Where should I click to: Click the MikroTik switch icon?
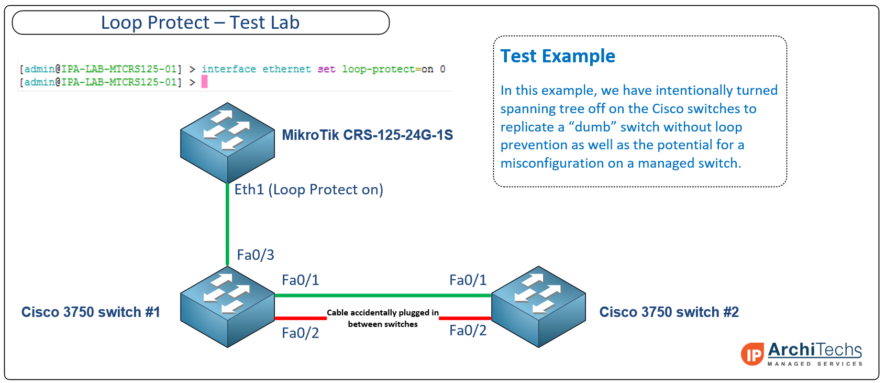[x=227, y=143]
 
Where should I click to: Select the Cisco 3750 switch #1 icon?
[x=227, y=307]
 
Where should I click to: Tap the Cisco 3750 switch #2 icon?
[x=538, y=307]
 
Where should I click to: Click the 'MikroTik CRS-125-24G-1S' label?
[x=367, y=135]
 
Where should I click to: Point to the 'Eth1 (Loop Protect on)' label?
[x=309, y=190]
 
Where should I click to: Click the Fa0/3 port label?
[x=256, y=255]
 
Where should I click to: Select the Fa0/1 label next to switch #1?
[x=300, y=280]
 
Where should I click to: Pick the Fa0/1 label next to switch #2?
[x=468, y=280]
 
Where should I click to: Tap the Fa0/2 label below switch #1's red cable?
[x=300, y=333]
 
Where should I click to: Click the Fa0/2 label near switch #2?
[x=468, y=331]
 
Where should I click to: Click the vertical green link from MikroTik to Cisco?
[x=227, y=224]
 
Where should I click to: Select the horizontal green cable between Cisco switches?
[x=383, y=295]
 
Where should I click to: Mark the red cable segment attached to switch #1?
[x=301, y=318]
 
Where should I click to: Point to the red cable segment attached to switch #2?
[x=465, y=318]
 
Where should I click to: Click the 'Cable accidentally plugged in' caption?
[x=382, y=313]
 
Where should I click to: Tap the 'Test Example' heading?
[x=558, y=56]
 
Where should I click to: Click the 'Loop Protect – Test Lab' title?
[x=200, y=23]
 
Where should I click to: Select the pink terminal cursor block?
[x=205, y=82]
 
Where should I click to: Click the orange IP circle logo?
[x=752, y=354]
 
